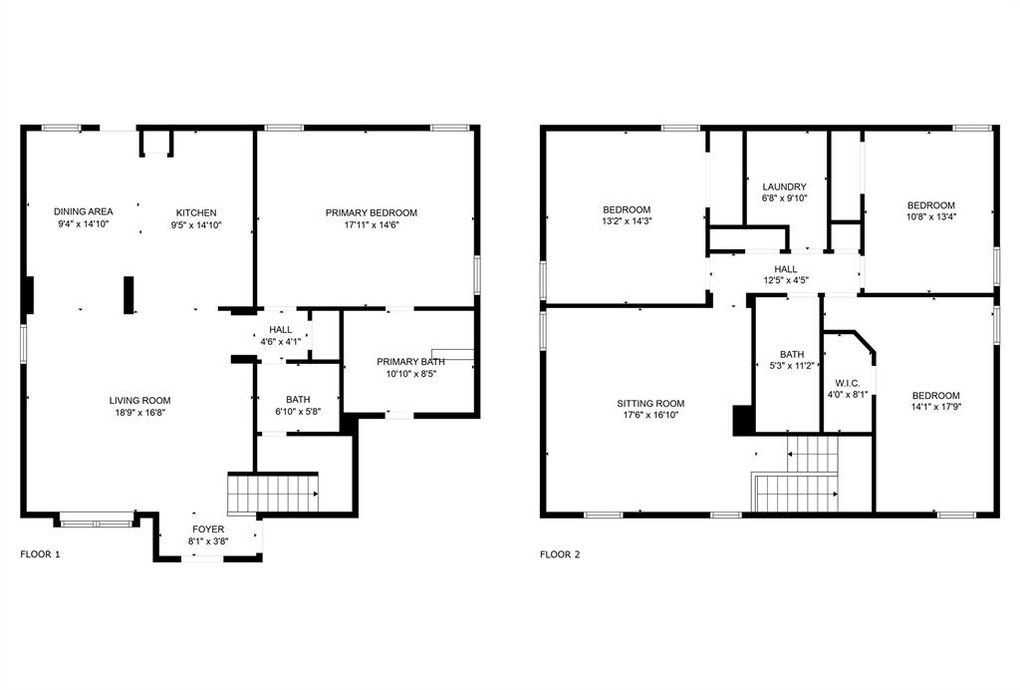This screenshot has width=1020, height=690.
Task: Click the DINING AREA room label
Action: pos(83,211)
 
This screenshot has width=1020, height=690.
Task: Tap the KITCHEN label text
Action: pos(196,212)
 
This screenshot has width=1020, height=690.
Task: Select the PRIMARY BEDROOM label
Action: pos(371,212)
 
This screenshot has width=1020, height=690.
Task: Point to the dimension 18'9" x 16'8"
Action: pos(139,413)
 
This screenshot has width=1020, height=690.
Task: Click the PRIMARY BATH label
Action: pos(410,361)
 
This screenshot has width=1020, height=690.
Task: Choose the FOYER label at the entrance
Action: pos(208,529)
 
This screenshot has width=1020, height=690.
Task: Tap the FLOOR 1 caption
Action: pos(40,554)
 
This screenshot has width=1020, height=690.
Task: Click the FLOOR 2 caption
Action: pos(560,554)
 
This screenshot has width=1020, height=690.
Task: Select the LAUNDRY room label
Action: pos(784,186)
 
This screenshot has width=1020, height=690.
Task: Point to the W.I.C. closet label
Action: pos(848,382)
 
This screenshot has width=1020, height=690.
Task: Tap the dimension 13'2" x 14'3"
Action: pos(627,221)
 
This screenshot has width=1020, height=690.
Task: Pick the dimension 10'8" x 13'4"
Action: pos(930,217)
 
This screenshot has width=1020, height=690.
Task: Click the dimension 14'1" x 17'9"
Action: pos(935,407)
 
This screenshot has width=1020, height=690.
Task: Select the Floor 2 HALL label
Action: pos(786,268)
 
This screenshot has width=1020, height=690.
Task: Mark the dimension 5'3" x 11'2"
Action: pos(792,366)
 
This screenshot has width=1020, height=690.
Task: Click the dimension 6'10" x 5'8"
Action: pos(298,411)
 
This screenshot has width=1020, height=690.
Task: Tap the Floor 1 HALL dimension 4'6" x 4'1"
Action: pos(280,341)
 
